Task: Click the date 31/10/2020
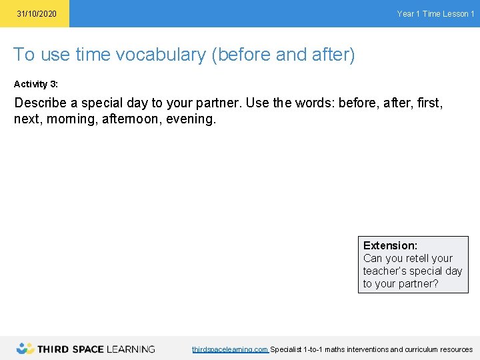(37, 14)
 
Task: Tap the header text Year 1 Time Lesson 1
(435, 14)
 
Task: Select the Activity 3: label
(36, 84)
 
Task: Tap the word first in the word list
(428, 103)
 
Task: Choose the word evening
(193, 120)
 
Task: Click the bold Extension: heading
(390, 245)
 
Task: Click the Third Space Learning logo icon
(25, 348)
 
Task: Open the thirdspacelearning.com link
(230, 349)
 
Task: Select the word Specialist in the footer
(286, 349)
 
